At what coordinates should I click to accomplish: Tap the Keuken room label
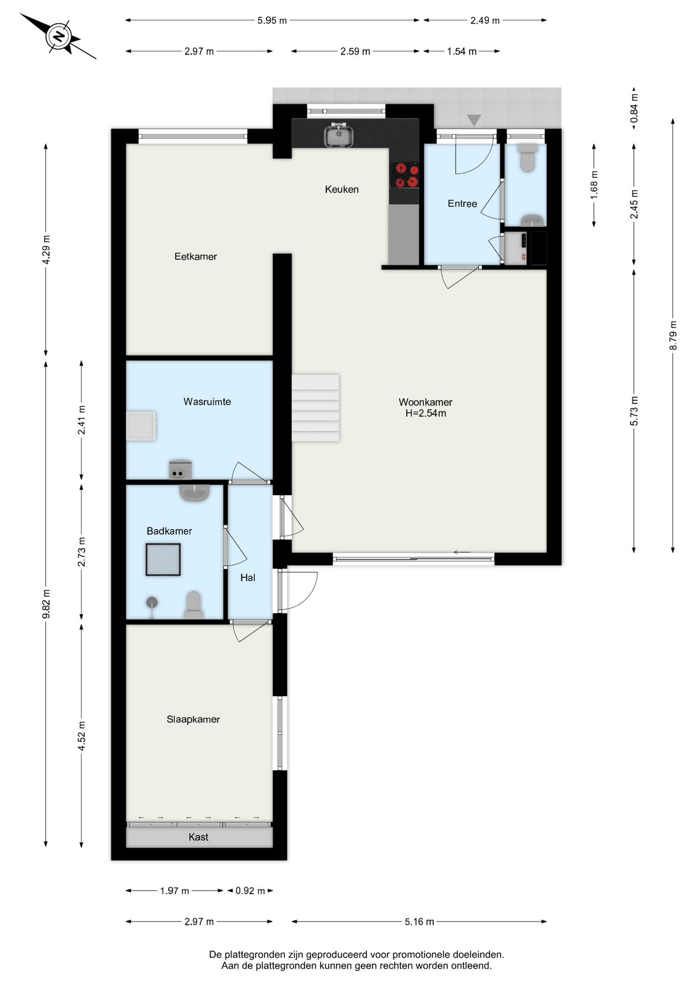(342, 190)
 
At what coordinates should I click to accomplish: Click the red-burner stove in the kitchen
(404, 175)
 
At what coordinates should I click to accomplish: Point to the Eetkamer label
(196, 256)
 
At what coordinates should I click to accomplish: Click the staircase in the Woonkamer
(316, 408)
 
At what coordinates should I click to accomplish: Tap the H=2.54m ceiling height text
(426, 414)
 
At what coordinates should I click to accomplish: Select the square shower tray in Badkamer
(163, 560)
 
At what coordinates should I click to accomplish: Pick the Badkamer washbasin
(194, 493)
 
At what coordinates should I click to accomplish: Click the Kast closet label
(198, 837)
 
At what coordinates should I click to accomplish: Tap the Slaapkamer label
(193, 720)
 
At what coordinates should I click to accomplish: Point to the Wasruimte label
(207, 402)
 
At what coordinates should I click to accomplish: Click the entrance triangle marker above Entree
(474, 120)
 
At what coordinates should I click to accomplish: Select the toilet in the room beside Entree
(527, 157)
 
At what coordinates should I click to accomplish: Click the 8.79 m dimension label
(673, 336)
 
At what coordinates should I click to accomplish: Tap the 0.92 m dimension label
(250, 891)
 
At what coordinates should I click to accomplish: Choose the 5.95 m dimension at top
(272, 20)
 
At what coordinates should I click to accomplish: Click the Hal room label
(248, 578)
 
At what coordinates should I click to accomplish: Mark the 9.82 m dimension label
(46, 604)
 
